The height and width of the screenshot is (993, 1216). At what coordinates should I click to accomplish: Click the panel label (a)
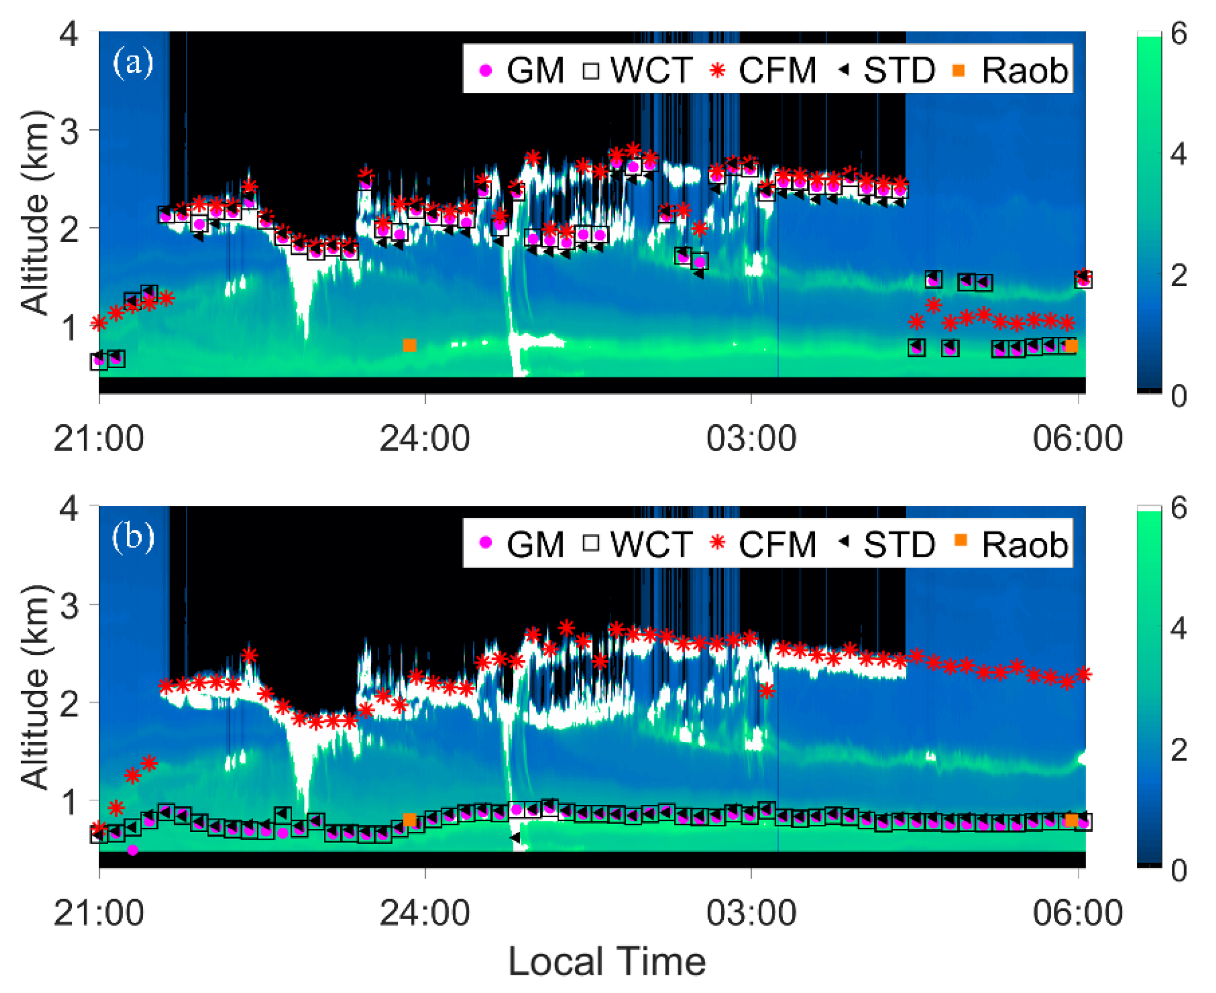pyautogui.click(x=133, y=63)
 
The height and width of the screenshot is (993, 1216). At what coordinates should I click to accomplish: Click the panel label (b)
pyautogui.click(x=133, y=536)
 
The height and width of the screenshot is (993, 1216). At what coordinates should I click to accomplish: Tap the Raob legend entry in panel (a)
pyautogui.click(x=1010, y=70)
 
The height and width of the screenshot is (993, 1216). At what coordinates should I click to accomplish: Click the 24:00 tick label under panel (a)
pyautogui.click(x=425, y=439)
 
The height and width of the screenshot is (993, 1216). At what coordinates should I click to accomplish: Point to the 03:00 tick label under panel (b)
pyautogui.click(x=751, y=913)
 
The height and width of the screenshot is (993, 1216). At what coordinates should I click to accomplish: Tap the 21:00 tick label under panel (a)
pyautogui.click(x=98, y=439)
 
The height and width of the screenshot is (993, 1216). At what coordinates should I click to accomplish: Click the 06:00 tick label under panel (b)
pyautogui.click(x=1077, y=913)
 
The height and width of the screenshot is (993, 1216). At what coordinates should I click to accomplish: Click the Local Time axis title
pyautogui.click(x=607, y=962)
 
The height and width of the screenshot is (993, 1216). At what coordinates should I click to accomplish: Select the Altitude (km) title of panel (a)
pyautogui.click(x=35, y=213)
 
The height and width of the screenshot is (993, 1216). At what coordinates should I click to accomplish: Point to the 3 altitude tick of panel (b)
pyautogui.click(x=69, y=605)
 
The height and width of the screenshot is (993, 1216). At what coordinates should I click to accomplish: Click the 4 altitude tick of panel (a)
pyautogui.click(x=69, y=34)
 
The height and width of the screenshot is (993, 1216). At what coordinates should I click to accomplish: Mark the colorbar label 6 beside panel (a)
pyautogui.click(x=1179, y=34)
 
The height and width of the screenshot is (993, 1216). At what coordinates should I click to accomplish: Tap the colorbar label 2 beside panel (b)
pyautogui.click(x=1179, y=750)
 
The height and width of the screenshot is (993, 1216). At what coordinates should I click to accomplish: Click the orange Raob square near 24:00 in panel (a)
pyautogui.click(x=410, y=345)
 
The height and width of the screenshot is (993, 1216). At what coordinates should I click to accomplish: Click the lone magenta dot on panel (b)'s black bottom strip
pyautogui.click(x=132, y=850)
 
